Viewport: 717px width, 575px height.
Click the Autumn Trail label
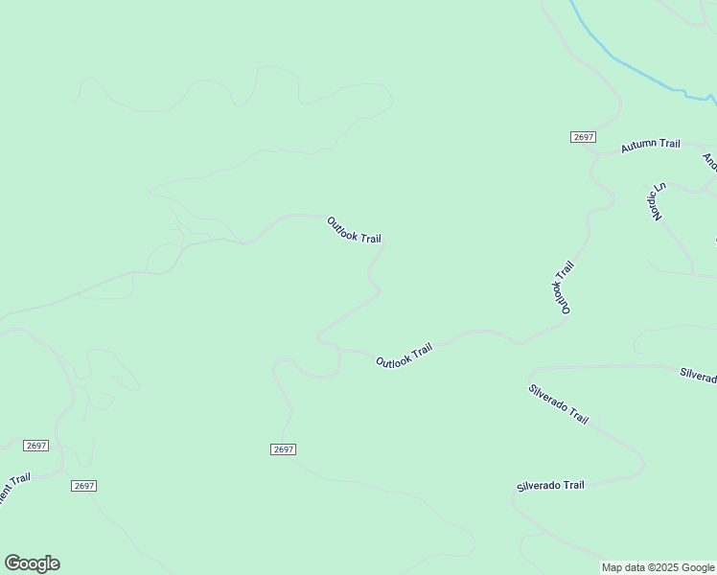tap(650, 145)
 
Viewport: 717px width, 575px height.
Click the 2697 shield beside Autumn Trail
tap(583, 137)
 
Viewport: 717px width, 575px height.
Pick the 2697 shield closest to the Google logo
tap(83, 486)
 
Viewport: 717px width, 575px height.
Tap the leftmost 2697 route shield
tap(36, 446)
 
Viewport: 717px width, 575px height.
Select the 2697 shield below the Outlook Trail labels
tap(283, 449)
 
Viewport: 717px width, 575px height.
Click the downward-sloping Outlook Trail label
tap(354, 230)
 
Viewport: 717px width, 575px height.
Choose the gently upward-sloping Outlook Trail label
tap(404, 356)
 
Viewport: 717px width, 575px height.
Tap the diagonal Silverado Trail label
tap(558, 403)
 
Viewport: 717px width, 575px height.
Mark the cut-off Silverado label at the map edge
tap(698, 375)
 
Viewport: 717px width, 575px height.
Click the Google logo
tap(32, 563)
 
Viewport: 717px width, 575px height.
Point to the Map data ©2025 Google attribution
tap(658, 567)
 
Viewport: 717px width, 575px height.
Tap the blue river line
tap(628, 67)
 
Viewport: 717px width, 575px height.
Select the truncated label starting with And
tap(709, 162)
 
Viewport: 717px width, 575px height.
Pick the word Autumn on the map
tap(636, 147)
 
